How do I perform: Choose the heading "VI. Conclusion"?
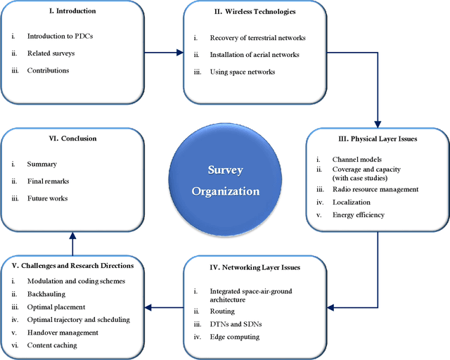(68, 139)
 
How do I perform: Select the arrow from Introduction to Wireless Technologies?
(159, 52)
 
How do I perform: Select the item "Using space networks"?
(243, 71)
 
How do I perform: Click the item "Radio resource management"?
(375, 189)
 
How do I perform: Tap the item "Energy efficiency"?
(359, 214)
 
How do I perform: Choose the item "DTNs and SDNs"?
(236, 323)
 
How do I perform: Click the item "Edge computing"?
(235, 337)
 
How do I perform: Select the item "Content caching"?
(53, 345)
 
